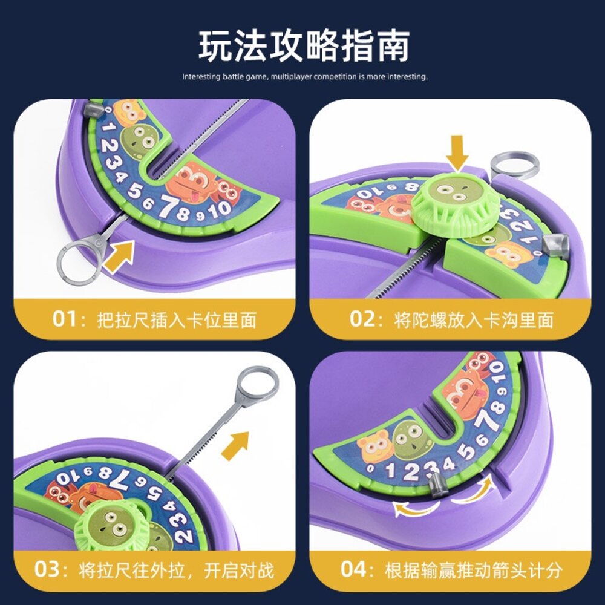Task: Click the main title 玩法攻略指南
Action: click(x=304, y=46)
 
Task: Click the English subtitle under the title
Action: click(x=305, y=77)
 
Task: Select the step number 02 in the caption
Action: click(x=362, y=318)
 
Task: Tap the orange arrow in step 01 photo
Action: click(x=119, y=254)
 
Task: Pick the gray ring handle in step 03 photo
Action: click(x=258, y=385)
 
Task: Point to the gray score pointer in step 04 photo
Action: click(x=439, y=486)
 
